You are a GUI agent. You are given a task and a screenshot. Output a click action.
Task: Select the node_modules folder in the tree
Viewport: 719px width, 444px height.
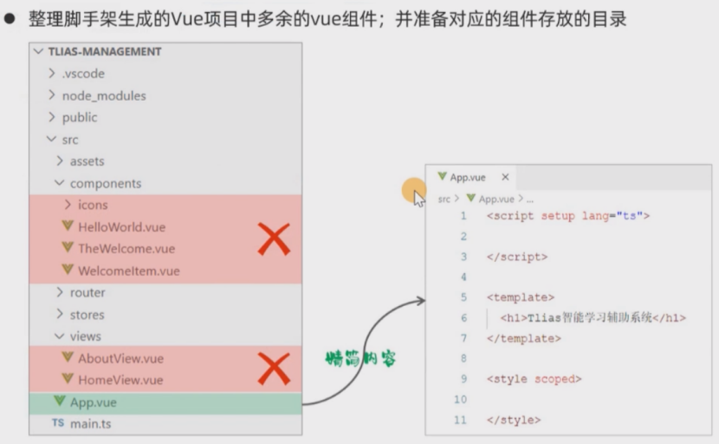[103, 95]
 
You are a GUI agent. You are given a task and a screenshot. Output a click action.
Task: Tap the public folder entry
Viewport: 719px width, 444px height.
[79, 117]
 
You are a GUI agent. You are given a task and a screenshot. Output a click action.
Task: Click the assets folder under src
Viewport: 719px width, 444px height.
[87, 161]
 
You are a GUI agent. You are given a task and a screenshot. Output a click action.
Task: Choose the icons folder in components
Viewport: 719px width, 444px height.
[93, 206]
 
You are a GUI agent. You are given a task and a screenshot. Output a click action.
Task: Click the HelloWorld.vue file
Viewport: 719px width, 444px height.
[121, 227]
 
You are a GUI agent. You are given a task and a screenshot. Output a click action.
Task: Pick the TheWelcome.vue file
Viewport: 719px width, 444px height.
[126, 249]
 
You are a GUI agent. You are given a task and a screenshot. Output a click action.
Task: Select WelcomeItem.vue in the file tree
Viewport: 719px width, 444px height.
[128, 271]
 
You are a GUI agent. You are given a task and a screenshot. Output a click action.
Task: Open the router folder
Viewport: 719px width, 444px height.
[87, 293]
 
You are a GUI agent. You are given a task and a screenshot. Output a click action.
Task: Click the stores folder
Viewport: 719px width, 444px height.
[87, 315]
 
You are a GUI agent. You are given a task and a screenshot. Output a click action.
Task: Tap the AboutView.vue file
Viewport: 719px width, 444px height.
[120, 358]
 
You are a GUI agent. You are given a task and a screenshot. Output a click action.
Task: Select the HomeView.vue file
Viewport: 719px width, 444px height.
[120, 380]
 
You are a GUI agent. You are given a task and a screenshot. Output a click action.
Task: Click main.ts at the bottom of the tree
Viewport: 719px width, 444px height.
[90, 424]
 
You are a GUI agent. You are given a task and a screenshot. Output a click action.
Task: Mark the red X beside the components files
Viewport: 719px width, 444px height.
[274, 238]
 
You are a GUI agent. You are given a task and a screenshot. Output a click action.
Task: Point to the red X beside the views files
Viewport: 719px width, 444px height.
[274, 369]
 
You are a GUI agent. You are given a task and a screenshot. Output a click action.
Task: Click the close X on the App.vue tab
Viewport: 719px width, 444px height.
[505, 177]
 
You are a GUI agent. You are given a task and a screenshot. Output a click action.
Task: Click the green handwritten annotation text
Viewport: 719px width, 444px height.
[359, 358]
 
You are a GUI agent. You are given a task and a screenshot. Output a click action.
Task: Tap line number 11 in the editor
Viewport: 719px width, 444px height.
[460, 420]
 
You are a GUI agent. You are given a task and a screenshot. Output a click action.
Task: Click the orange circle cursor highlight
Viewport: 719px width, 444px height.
[414, 191]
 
